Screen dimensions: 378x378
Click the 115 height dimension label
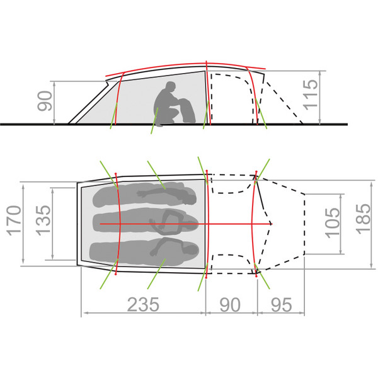[311, 94]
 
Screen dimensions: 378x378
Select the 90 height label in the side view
[45, 101]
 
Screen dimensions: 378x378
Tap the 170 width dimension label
[14, 220]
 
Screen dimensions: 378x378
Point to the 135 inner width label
[43, 220]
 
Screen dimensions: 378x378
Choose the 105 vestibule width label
[333, 222]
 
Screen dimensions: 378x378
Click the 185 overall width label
[364, 219]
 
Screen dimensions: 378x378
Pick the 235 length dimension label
[143, 304]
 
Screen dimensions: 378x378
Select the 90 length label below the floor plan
[230, 304]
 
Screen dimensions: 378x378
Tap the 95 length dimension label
[282, 304]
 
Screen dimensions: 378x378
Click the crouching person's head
[171, 87]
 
